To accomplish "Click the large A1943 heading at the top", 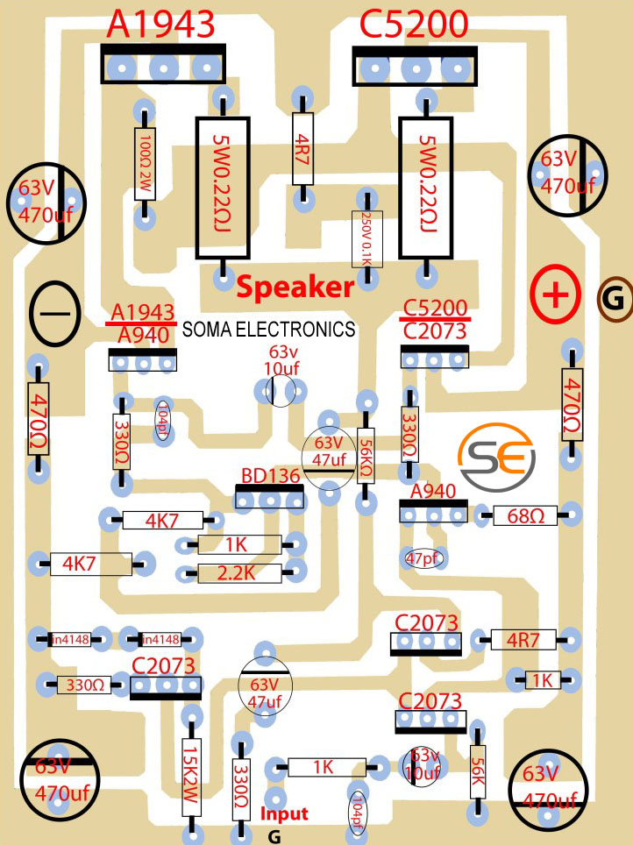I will pyautogui.click(x=160, y=25).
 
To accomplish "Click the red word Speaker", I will pyautogui.click(x=295, y=287).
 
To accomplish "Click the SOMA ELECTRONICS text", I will pyautogui.click(x=268, y=330).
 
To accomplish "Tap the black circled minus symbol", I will pyautogui.click(x=54, y=313).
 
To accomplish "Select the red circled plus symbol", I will pyautogui.click(x=554, y=295).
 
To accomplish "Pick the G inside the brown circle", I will pyautogui.click(x=615, y=301).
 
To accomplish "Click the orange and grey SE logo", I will pyautogui.click(x=495, y=458).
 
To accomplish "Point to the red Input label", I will pyautogui.click(x=284, y=813).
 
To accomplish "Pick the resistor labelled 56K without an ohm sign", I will pyautogui.click(x=478, y=772).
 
